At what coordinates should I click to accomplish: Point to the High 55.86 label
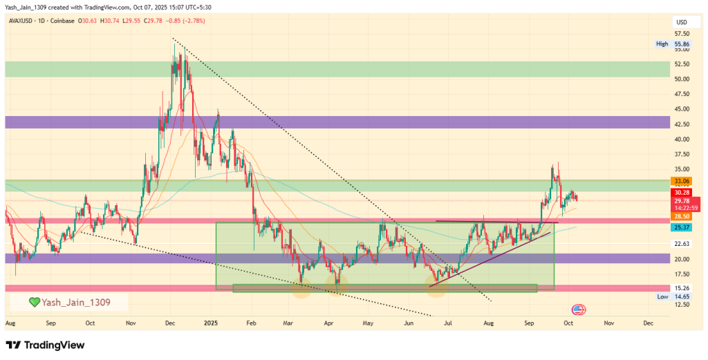[671, 44]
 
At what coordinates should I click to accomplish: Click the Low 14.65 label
[671, 296]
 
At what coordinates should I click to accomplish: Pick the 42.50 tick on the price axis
[682, 124]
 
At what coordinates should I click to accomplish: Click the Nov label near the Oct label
[608, 323]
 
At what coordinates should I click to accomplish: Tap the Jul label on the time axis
[449, 323]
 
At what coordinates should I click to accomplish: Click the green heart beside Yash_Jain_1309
[34, 302]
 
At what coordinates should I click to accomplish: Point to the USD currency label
[681, 22]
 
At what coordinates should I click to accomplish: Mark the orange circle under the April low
[338, 286]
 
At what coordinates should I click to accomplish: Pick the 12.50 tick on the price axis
[682, 305]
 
